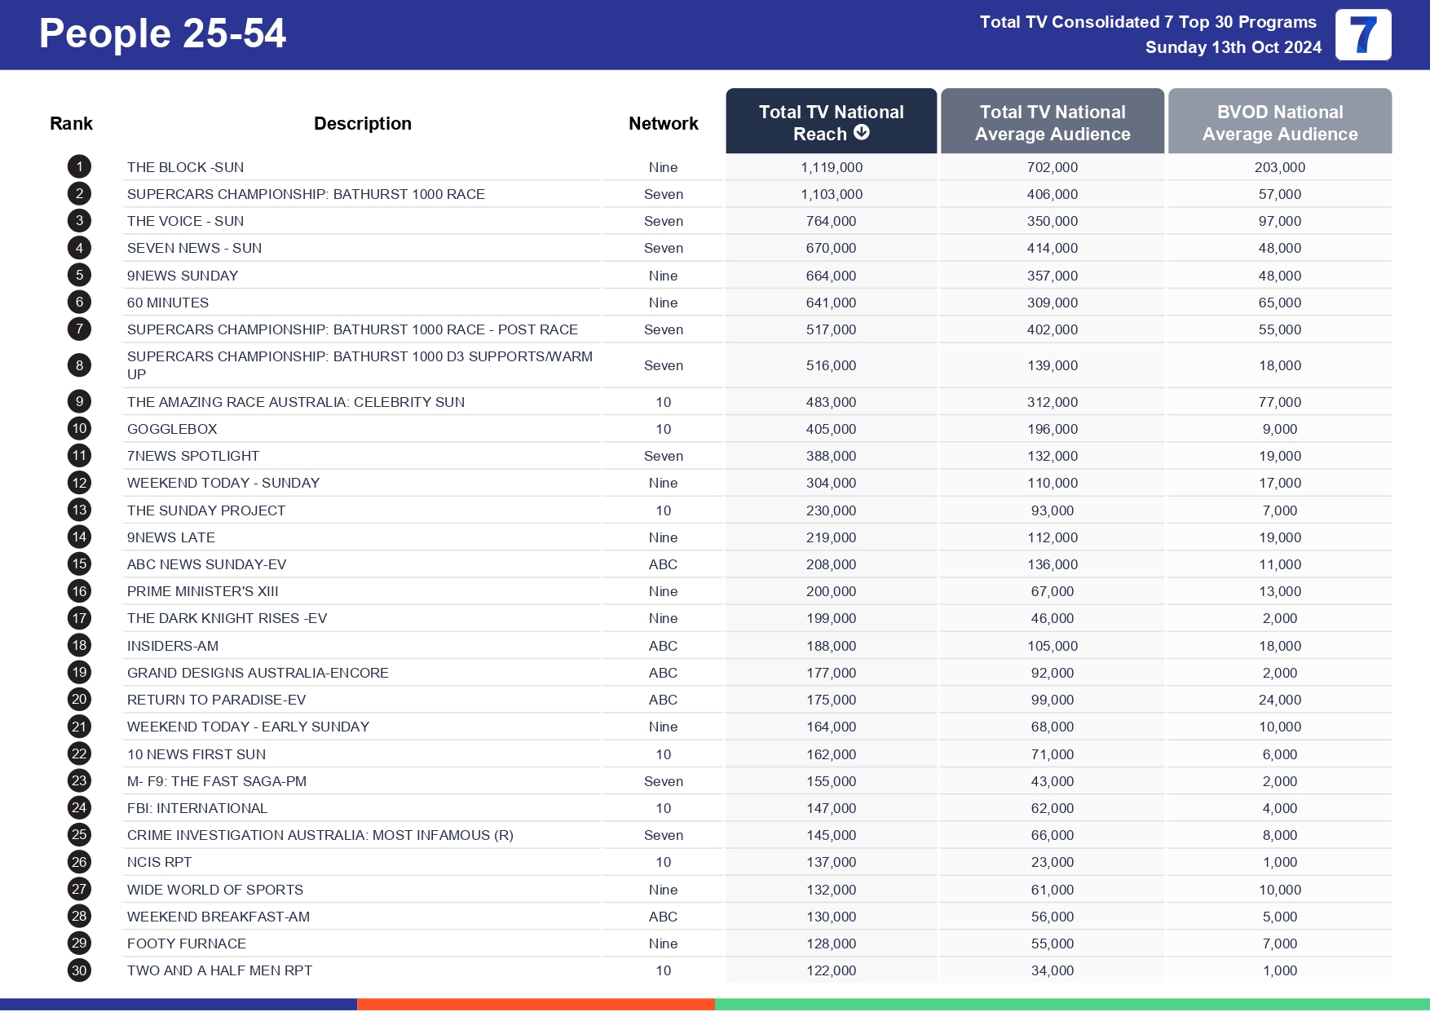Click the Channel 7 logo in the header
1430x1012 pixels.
pos(1362,35)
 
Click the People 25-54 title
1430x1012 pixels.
pos(162,34)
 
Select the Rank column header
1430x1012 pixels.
pos(71,123)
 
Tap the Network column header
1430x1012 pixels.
pos(663,123)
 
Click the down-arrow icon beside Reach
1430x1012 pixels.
pos(862,132)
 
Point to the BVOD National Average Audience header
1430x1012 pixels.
pos(1279,122)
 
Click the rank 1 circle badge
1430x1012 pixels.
pos(79,167)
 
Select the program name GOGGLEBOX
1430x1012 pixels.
pos(172,429)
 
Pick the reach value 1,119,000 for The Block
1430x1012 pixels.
pos(831,167)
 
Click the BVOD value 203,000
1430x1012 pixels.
pos(1279,167)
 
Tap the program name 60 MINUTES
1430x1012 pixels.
pos(168,303)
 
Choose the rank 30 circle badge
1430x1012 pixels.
pos(79,970)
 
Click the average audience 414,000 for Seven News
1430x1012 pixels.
pos(1052,248)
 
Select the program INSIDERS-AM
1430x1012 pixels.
pos(173,646)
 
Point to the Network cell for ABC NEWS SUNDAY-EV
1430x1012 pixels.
pos(663,564)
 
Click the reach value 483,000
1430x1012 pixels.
pos(831,402)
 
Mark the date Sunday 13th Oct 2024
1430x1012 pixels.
pos(1233,47)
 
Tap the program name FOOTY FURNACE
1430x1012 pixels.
pos(187,944)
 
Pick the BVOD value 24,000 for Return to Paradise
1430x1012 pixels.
pos(1279,700)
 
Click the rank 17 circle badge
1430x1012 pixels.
pos(79,618)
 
